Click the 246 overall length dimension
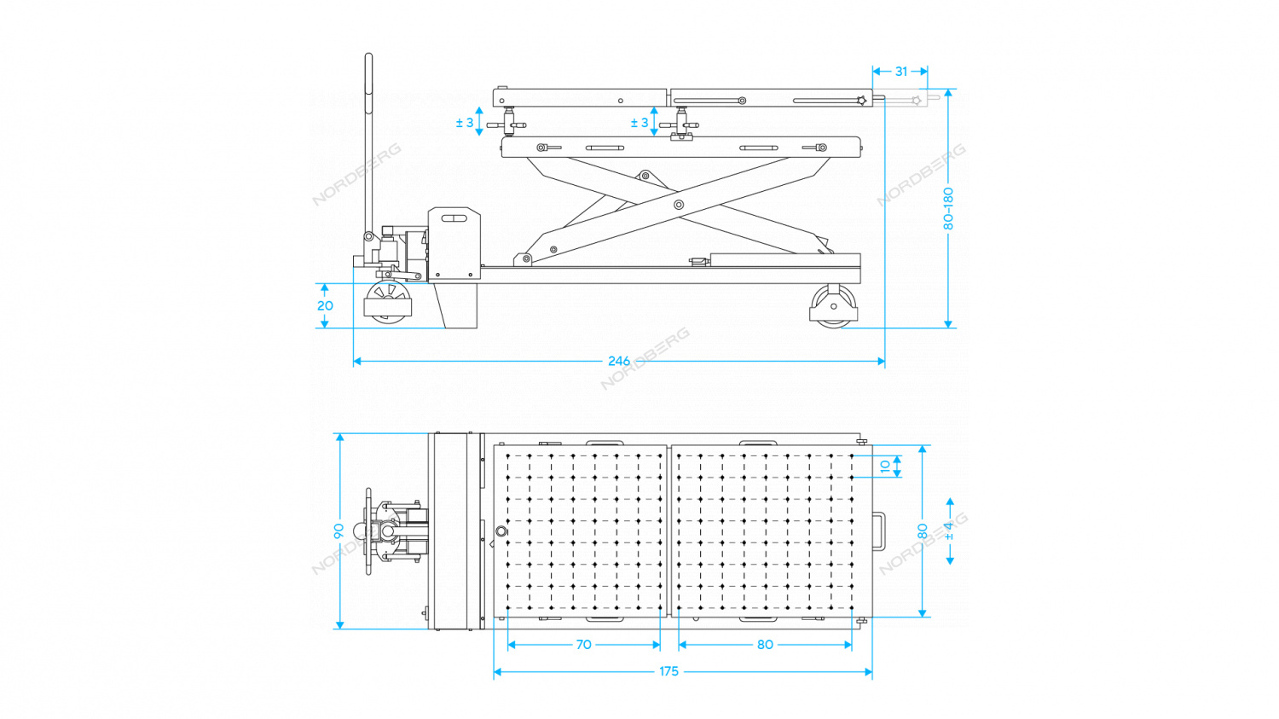(x=619, y=361)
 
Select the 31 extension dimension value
(x=901, y=72)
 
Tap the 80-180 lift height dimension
(x=948, y=208)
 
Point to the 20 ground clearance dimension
(x=325, y=305)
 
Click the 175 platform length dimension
(x=668, y=671)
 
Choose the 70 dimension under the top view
(x=583, y=645)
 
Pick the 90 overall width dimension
(x=339, y=531)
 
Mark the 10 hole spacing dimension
(x=885, y=467)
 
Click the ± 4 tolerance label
(x=950, y=531)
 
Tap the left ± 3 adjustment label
(x=464, y=123)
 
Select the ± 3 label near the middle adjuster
(x=639, y=123)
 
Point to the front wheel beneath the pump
(x=388, y=304)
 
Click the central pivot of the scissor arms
(x=679, y=205)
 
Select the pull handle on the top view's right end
(x=879, y=531)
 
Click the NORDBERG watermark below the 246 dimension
(x=645, y=358)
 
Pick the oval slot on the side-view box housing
(x=454, y=219)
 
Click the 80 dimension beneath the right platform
(x=765, y=645)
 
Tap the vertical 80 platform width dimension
(x=923, y=531)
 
